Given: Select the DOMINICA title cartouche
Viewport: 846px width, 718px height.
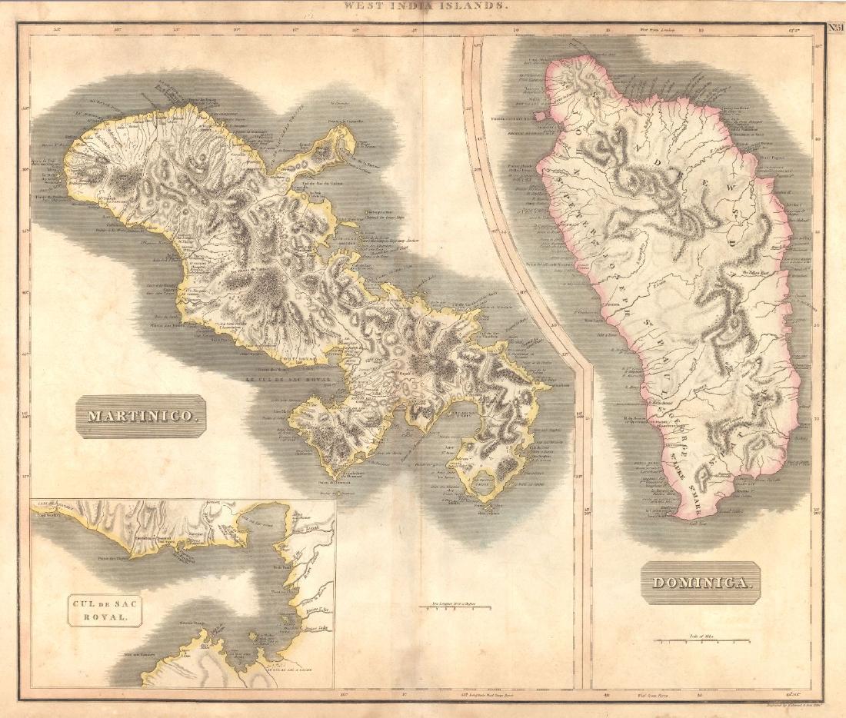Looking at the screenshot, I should tap(700, 582).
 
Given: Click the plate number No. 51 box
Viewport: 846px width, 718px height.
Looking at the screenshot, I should tap(835, 28).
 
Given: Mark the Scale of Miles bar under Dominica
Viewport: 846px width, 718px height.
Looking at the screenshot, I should tap(701, 639).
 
